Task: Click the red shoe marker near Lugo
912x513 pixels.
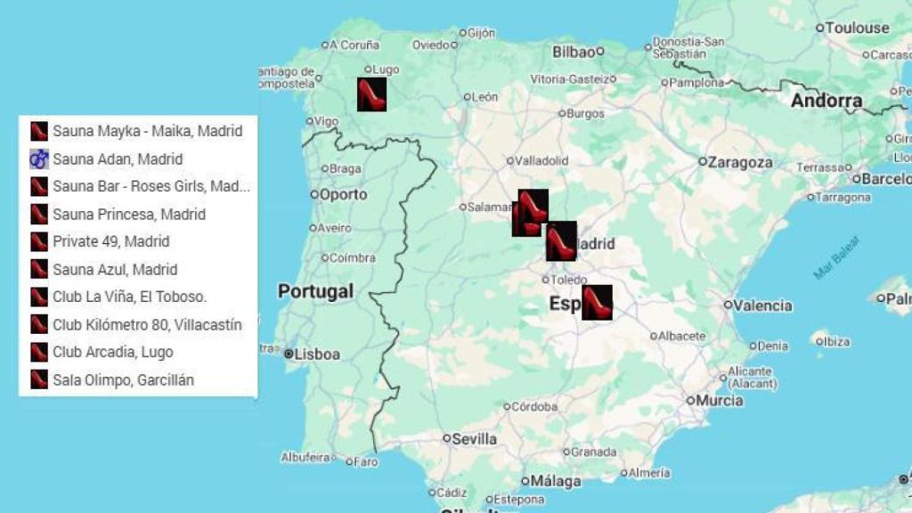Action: [371, 94]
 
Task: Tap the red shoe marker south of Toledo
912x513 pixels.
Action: [597, 303]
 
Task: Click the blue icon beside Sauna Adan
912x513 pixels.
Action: [38, 159]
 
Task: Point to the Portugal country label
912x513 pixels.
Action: [315, 291]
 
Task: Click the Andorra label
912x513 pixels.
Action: [826, 101]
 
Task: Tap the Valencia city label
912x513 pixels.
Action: [762, 305]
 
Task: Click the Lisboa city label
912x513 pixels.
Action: [317, 354]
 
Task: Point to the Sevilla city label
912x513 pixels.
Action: [474, 439]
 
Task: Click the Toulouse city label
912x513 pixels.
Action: [858, 28]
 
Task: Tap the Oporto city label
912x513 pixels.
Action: [344, 194]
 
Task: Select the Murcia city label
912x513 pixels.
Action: [720, 401]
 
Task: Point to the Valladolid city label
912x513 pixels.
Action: [541, 161]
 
